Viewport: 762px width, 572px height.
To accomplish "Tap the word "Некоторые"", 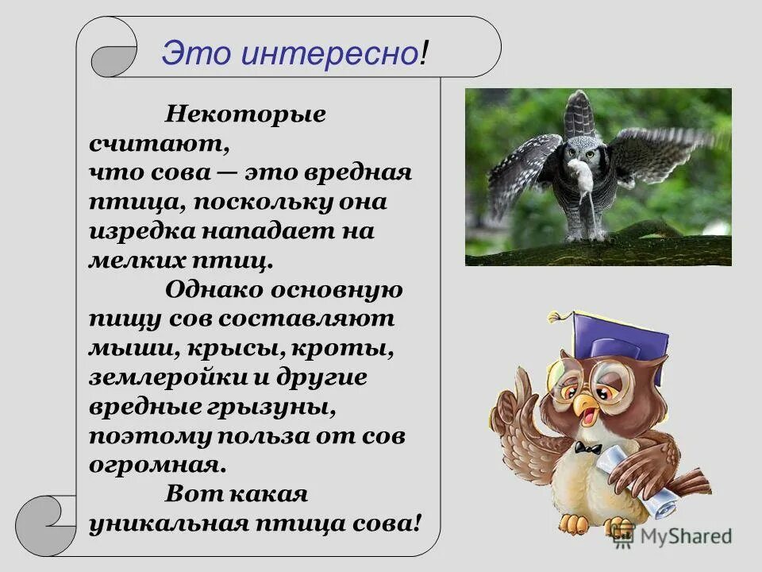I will (245, 114).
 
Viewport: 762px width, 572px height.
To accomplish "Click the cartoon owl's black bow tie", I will (588, 450).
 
